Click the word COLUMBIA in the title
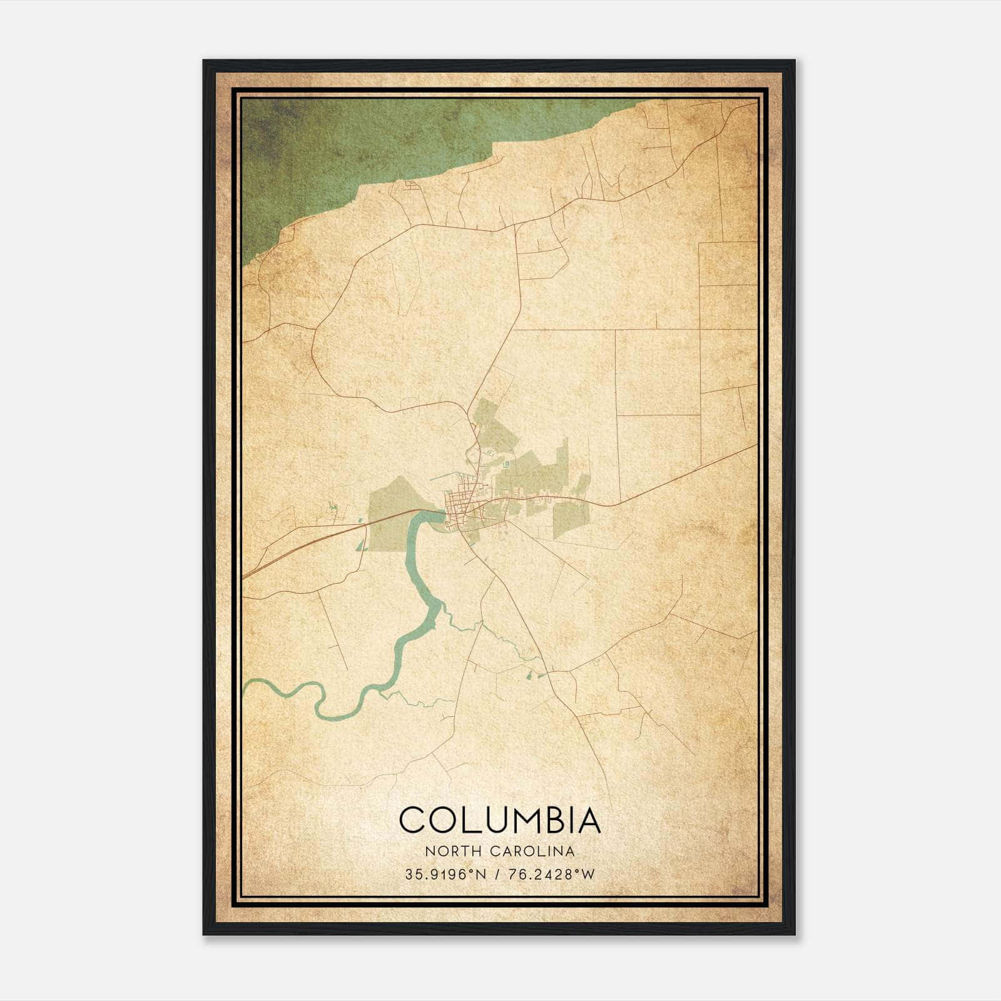(x=500, y=820)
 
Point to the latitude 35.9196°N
(x=445, y=875)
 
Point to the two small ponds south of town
(x=532, y=674)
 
